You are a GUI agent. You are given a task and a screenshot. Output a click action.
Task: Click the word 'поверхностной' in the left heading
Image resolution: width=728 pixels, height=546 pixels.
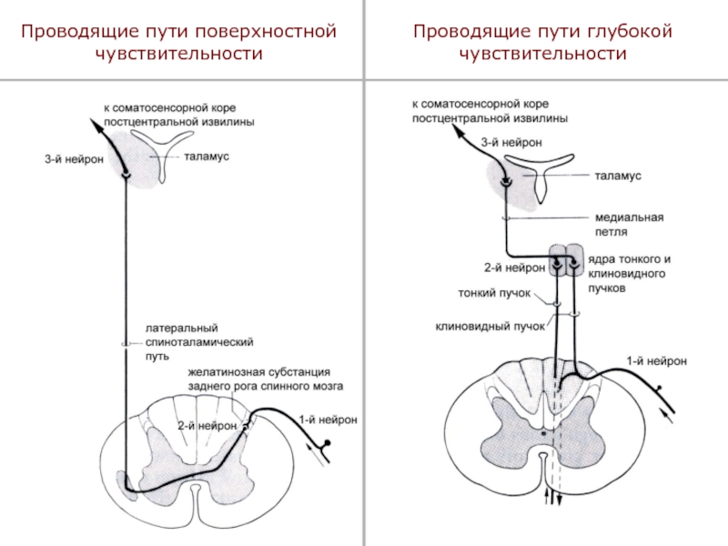coord(265,32)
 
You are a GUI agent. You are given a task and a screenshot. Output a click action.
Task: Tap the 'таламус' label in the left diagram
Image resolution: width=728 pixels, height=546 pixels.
coord(207,157)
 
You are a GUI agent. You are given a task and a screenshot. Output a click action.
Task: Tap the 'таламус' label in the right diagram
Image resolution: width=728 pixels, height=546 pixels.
coord(618,176)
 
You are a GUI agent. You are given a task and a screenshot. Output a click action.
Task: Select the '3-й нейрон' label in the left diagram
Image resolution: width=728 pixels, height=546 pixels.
coord(74,159)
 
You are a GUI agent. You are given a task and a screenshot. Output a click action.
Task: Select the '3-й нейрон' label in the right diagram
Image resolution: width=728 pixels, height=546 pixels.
coord(511,143)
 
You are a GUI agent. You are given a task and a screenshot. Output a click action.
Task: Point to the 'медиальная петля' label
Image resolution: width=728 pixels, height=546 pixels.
coord(629,224)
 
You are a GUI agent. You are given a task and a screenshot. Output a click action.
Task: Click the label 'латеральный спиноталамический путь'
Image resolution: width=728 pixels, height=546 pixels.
coord(199,342)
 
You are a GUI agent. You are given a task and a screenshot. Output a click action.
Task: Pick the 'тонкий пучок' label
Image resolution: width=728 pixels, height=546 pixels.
coord(494,293)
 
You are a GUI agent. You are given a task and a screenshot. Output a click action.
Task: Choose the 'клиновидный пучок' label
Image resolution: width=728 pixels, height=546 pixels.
coord(490,327)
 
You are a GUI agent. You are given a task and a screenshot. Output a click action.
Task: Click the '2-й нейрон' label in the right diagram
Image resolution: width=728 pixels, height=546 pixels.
coord(514,268)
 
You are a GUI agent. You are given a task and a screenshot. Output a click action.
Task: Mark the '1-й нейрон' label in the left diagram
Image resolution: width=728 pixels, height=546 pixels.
coord(328,420)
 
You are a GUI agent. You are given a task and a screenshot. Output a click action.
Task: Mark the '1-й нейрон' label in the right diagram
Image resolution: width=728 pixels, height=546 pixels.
coord(656,361)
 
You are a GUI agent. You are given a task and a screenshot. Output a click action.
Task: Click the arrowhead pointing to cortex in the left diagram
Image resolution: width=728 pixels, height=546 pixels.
coord(96,125)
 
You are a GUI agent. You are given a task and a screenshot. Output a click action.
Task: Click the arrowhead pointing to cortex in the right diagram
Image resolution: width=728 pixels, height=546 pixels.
coord(460,132)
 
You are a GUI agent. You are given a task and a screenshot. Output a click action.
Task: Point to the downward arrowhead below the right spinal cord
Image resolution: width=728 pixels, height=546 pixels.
coord(560,500)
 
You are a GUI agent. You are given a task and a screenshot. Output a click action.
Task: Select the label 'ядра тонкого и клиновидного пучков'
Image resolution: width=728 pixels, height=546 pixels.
coord(629,274)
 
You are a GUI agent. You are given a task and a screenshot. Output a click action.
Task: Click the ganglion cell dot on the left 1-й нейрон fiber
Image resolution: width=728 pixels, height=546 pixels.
coord(327,442)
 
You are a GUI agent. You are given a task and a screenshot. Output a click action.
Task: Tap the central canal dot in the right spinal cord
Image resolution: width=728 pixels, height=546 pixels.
coord(543,433)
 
